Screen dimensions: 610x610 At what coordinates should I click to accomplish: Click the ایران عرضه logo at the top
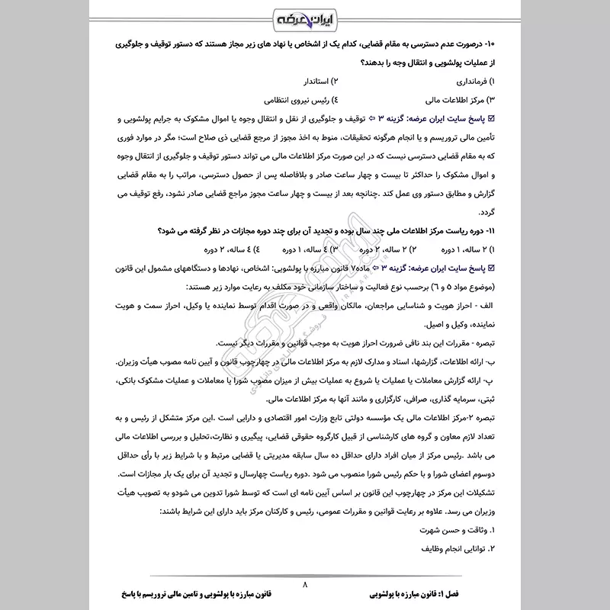(x=305, y=17)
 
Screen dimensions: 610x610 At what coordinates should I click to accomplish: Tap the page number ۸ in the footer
(x=305, y=586)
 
